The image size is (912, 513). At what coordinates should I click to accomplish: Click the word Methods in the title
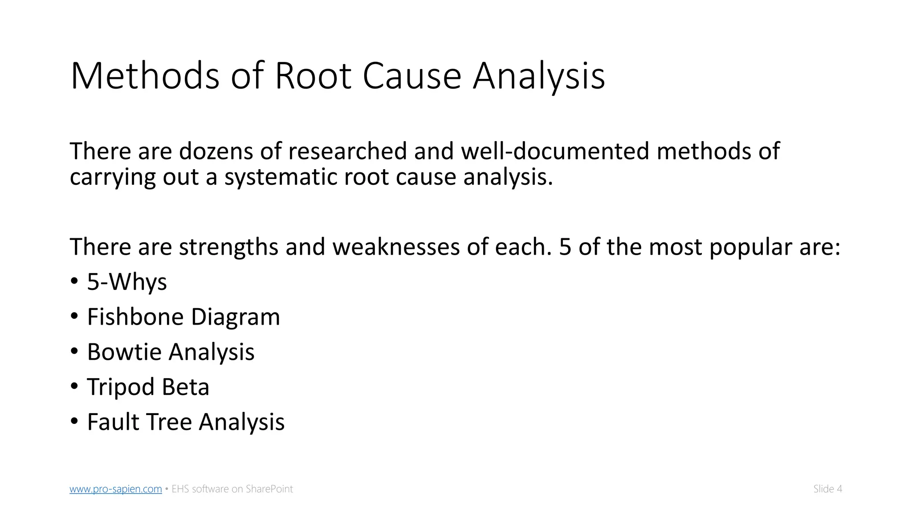(x=145, y=76)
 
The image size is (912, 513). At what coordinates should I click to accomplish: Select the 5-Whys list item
(x=127, y=282)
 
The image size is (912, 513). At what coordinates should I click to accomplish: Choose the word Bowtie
(x=124, y=352)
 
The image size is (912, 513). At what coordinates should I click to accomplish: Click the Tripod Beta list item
(x=148, y=387)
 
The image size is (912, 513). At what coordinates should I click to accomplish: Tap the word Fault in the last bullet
(x=113, y=422)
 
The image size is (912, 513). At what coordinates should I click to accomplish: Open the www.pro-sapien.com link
(x=116, y=489)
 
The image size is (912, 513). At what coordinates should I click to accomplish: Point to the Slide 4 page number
(x=827, y=489)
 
